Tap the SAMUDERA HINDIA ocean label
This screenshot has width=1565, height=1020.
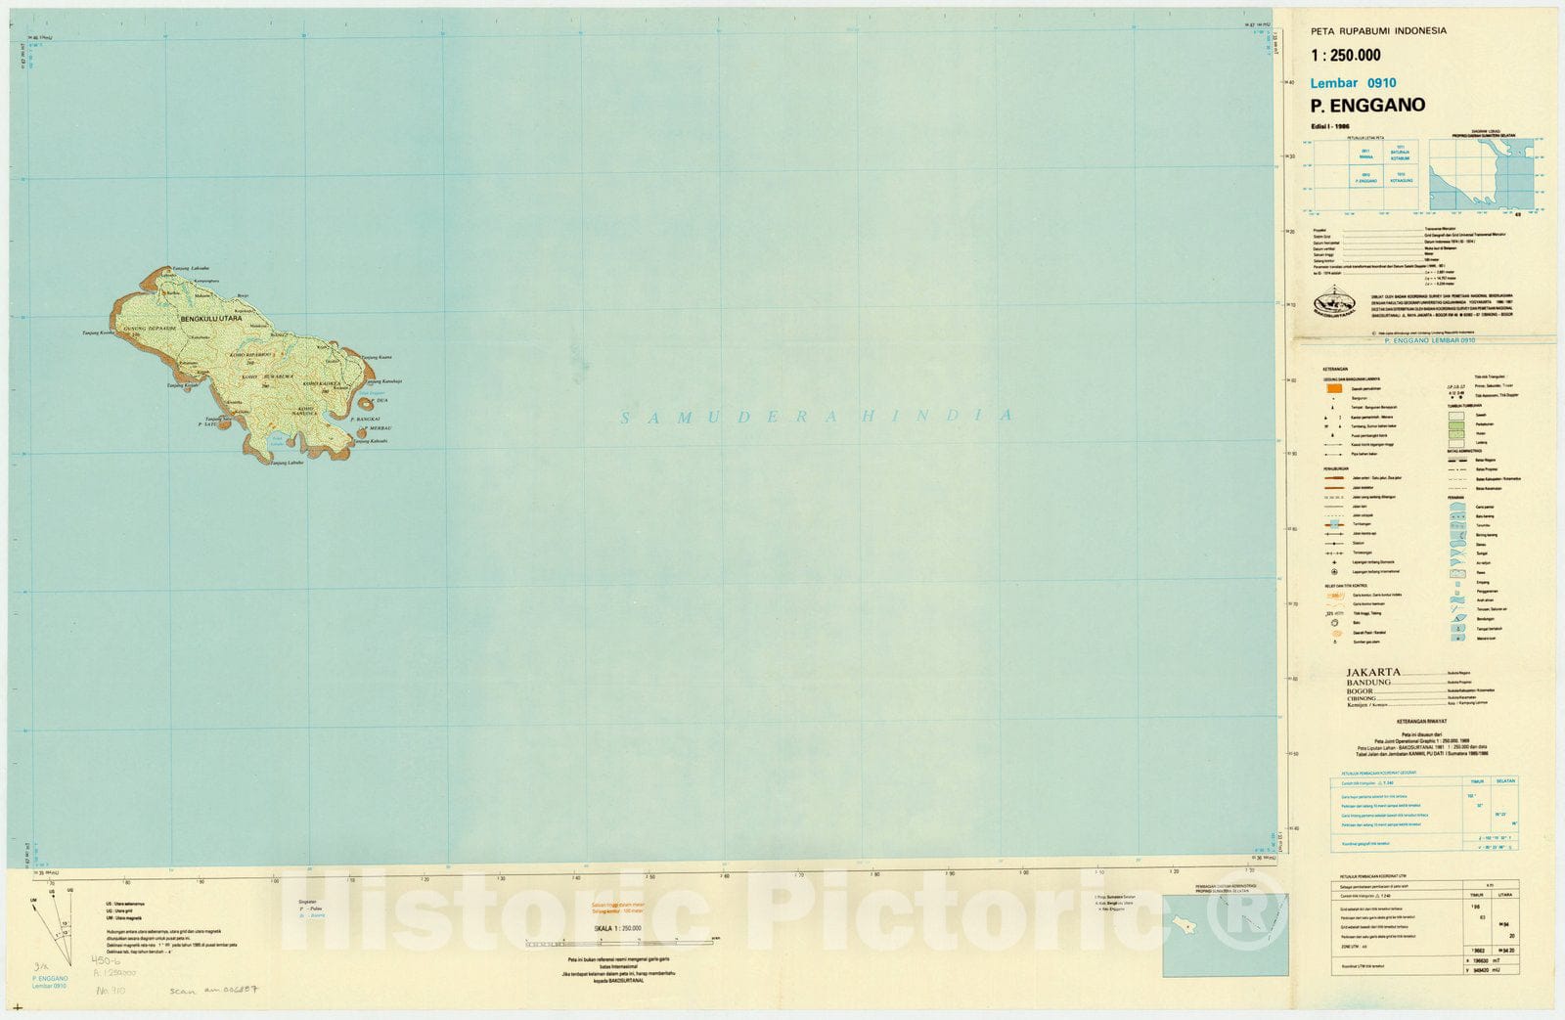tap(816, 417)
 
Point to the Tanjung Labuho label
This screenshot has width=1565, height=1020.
tap(288, 463)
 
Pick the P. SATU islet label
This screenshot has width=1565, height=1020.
tap(206, 424)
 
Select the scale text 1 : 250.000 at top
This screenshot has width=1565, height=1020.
tap(1346, 56)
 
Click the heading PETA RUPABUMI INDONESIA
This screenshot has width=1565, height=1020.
tap(1378, 30)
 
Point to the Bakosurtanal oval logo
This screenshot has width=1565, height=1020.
tap(1336, 304)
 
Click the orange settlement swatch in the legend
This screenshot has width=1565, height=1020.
tap(1333, 388)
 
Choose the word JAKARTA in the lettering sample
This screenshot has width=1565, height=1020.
tap(1373, 673)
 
